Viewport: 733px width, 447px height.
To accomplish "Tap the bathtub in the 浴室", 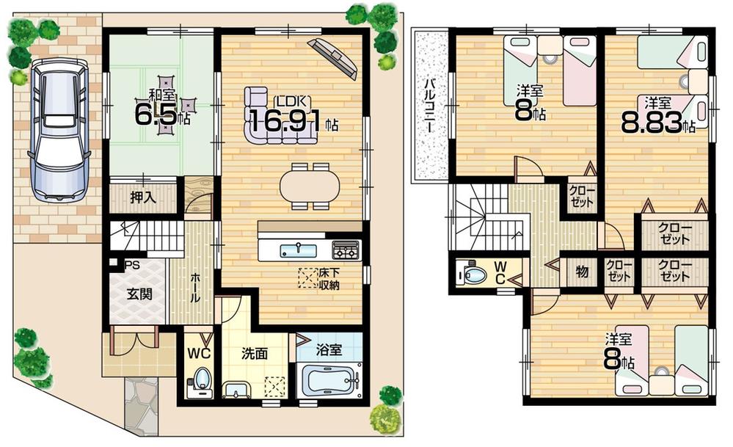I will pyautogui.click(x=331, y=382).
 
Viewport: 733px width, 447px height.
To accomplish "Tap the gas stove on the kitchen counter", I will pyautogui.click(x=346, y=250).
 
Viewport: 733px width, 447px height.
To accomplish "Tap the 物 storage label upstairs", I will pyautogui.click(x=582, y=272).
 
